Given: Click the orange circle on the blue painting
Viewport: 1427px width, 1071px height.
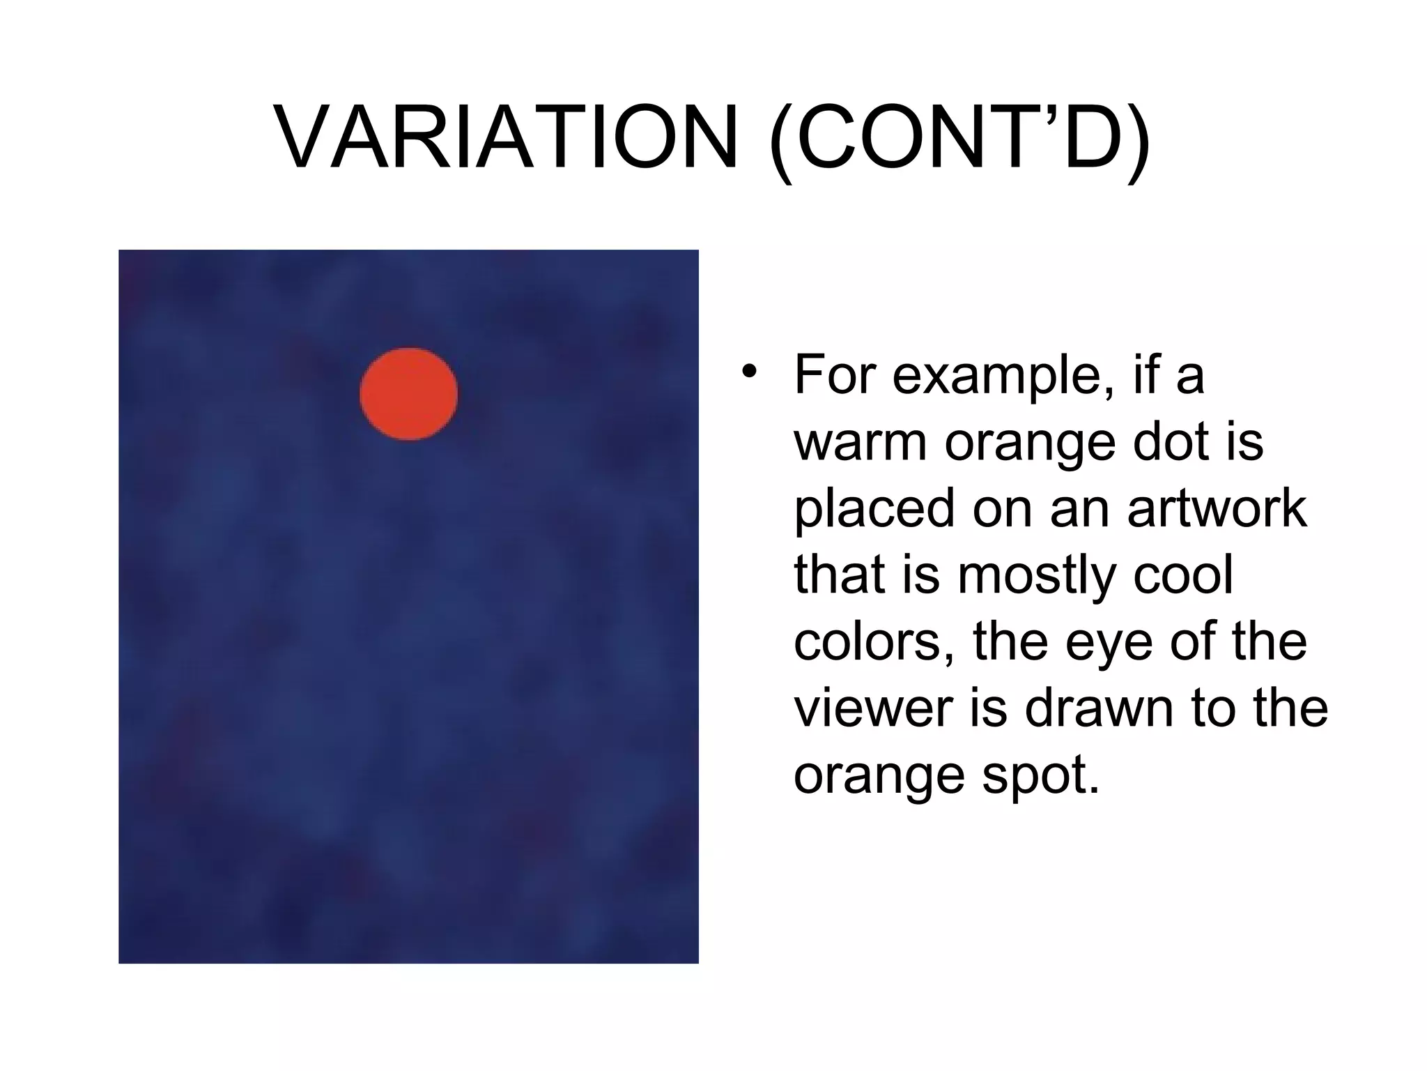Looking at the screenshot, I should click(x=409, y=394).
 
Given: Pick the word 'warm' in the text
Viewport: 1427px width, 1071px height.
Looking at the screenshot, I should click(x=861, y=442).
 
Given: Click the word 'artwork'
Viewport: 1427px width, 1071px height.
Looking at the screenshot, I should click(x=1217, y=508).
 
